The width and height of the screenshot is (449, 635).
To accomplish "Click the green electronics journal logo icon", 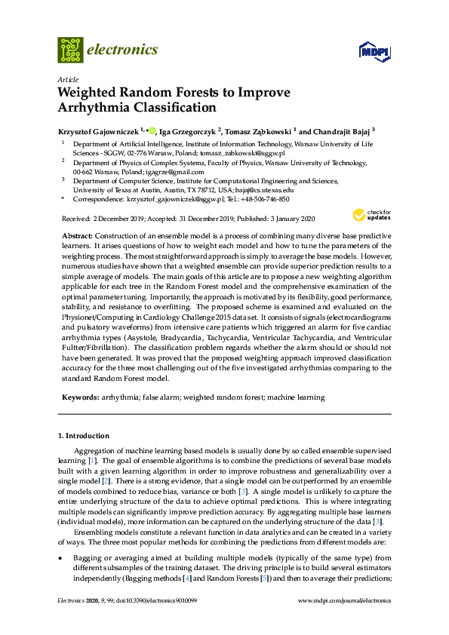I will point(70,50).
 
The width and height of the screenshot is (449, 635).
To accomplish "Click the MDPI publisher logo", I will point(372,51).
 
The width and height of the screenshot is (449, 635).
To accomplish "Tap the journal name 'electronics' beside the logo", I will point(122,50).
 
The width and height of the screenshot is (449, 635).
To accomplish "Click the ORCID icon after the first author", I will point(151,130).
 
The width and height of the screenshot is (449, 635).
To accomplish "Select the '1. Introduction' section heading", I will point(84,436).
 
